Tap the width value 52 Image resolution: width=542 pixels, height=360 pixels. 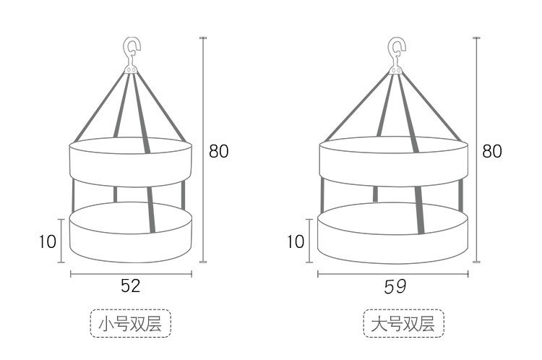click(130, 286)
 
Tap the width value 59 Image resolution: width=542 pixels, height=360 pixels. click(395, 286)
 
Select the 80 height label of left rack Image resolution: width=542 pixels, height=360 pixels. click(218, 151)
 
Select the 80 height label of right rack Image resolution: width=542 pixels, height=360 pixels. click(492, 151)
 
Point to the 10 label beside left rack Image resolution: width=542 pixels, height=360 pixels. click(48, 241)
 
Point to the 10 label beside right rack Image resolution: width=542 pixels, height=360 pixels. click(296, 241)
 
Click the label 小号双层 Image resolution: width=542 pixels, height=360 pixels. click(131, 325)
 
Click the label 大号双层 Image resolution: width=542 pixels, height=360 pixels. click(403, 325)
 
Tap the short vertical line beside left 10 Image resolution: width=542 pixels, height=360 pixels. click(62, 241)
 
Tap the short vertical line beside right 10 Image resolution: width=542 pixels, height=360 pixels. click(310, 241)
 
